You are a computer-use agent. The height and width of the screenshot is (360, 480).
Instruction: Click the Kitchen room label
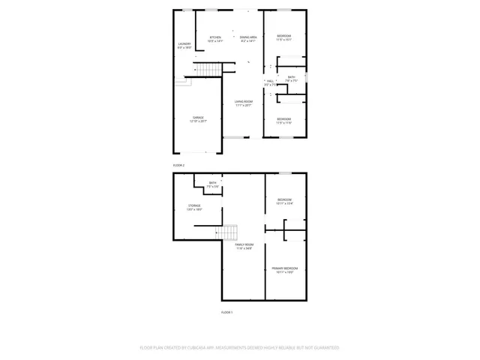point(215,37)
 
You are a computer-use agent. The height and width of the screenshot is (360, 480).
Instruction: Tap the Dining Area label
point(249,37)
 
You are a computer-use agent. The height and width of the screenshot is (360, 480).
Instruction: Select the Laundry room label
point(184,43)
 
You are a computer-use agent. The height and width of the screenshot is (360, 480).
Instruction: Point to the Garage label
point(198,118)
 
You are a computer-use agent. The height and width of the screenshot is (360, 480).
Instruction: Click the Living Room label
point(243,102)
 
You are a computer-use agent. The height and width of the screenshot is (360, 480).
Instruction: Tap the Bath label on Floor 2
point(291,76)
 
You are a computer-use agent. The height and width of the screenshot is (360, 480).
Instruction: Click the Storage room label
point(194,205)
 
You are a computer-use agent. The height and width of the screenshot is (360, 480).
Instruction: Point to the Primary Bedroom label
point(285,268)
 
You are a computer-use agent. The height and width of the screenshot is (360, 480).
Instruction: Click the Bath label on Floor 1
point(213,182)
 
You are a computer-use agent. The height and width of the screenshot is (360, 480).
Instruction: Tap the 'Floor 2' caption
point(178,165)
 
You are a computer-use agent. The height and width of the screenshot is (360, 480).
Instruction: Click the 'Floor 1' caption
point(226,312)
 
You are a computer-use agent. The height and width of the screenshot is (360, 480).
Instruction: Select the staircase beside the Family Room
point(227,232)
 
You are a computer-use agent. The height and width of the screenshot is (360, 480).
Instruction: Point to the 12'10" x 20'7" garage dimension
point(198,121)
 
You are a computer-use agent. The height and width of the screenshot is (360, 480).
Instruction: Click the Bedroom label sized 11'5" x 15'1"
point(283,36)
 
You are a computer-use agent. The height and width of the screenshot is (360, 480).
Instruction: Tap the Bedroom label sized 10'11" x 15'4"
point(285,199)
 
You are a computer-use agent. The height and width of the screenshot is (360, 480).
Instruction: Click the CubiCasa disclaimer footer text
point(240,348)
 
